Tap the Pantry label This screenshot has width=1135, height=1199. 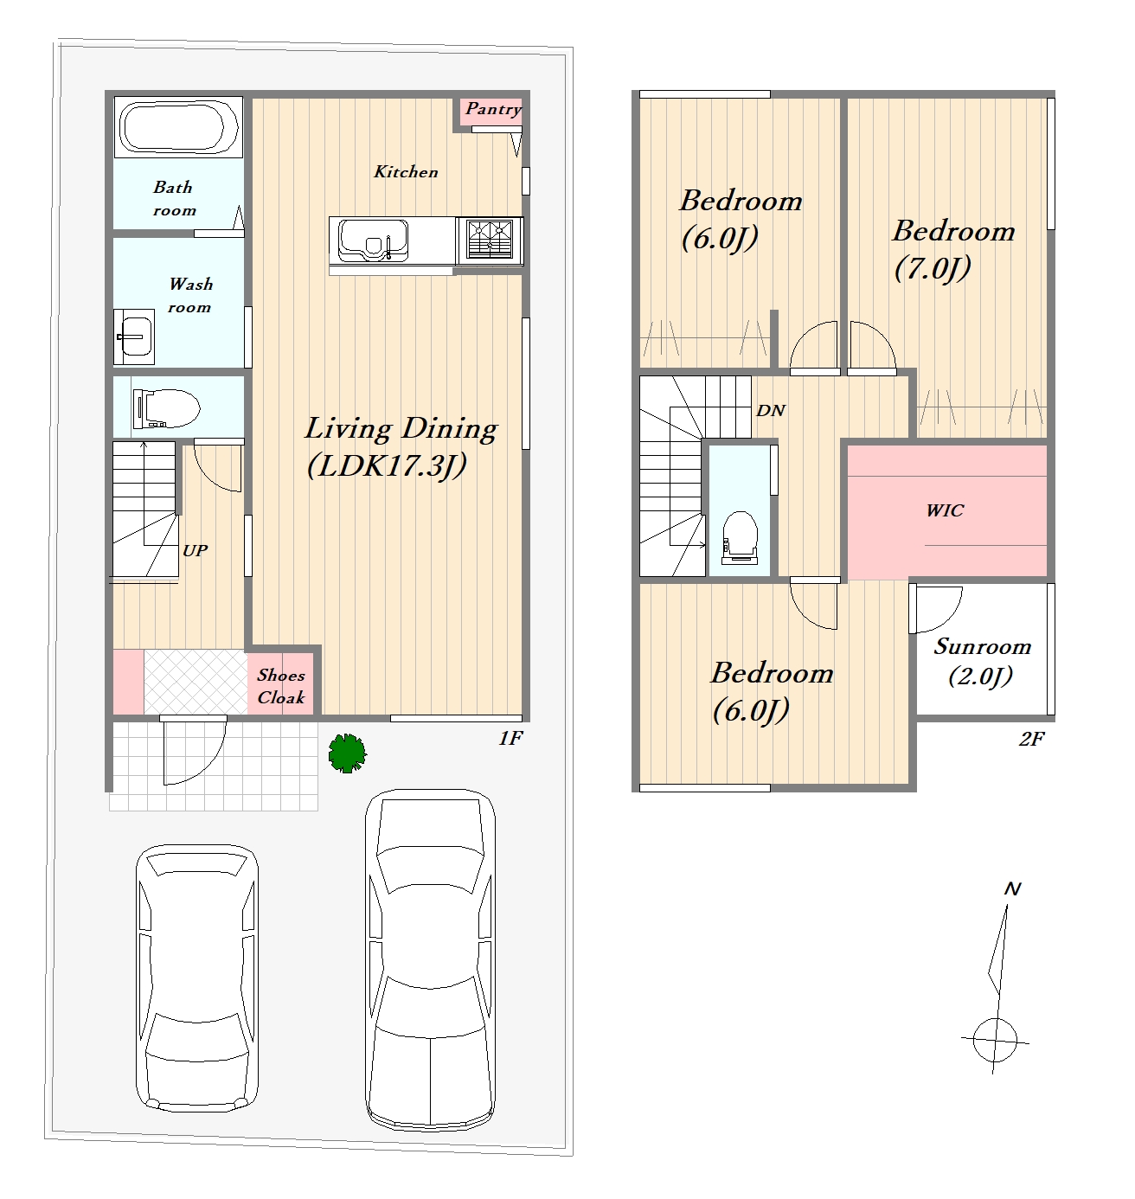[x=493, y=109]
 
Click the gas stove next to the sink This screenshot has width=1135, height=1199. [x=489, y=240]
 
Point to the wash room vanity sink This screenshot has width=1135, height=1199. [x=134, y=336]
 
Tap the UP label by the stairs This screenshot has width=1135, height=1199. [x=196, y=551]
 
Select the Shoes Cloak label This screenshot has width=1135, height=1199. [x=280, y=686]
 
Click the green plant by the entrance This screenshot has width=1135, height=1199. [x=347, y=753]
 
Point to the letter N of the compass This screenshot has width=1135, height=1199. [x=1012, y=889]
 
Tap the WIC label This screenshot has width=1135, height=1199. [x=945, y=510]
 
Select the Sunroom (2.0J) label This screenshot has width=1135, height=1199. [x=982, y=661]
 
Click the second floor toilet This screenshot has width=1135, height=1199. [x=740, y=536]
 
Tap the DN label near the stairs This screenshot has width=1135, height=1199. [x=771, y=410]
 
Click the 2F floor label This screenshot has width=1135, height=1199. [x=1031, y=739]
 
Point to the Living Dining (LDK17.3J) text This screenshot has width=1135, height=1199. [x=401, y=447]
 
